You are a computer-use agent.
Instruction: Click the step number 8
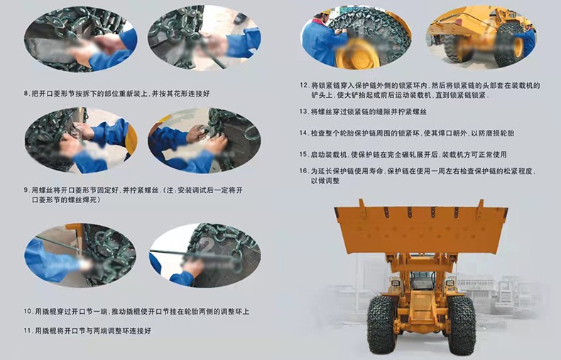[x=26, y=94]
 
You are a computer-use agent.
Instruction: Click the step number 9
[x=26, y=190]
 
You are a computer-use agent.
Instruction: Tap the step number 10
[x=28, y=311]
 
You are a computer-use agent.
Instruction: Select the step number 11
[x=28, y=331]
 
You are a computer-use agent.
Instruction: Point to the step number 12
[x=304, y=85]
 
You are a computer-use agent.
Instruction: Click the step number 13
[x=304, y=111]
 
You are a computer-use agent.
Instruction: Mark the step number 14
[x=304, y=133]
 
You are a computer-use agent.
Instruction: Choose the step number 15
[x=304, y=155]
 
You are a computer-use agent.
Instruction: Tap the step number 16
[x=304, y=171]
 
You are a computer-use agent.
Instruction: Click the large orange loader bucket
[x=421, y=227]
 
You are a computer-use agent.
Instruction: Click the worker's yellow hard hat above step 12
[x=325, y=12]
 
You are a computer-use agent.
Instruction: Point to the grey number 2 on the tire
[x=207, y=246]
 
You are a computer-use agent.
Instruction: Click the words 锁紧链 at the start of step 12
[x=329, y=85]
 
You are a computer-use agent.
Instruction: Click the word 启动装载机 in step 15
[x=329, y=155]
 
